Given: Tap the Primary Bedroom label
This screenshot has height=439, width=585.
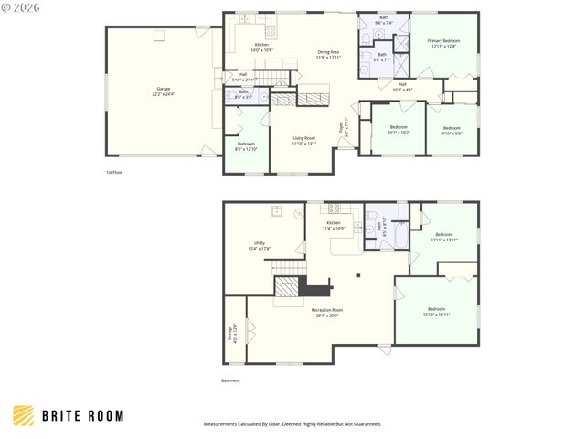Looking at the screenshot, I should coord(444,43).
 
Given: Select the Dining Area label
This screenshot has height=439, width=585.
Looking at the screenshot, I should coord(329,54).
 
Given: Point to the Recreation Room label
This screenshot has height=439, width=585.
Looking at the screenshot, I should coord(326,314).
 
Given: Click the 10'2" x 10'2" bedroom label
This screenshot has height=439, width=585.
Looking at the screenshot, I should coord(399,130).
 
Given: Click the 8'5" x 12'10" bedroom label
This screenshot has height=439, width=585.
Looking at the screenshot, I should coord(247,146).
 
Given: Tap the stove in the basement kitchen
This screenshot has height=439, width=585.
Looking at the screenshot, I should coord(335,208).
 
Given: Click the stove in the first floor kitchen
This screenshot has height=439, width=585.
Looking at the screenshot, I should coord(245,19).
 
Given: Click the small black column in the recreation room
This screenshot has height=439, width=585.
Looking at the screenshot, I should coord(359,274).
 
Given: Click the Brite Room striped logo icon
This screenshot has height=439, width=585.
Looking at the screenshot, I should coord(25,415).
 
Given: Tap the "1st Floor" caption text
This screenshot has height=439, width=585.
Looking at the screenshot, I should coord(114,171).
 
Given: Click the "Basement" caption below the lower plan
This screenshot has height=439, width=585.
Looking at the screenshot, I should coord(232,380).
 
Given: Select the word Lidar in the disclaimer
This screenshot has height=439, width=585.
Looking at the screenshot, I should coord(286,424).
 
